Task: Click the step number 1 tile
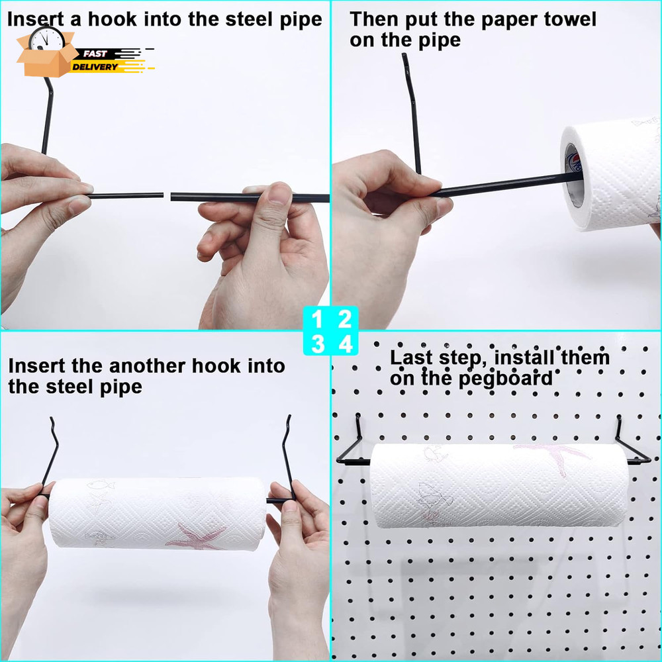pyautogui.click(x=318, y=321)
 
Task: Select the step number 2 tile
pyautogui.click(x=344, y=321)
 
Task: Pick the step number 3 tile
pyautogui.click(x=318, y=344)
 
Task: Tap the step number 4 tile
pyautogui.click(x=344, y=344)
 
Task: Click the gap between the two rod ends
pyautogui.click(x=167, y=196)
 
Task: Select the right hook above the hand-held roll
pyautogui.click(x=287, y=457)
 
